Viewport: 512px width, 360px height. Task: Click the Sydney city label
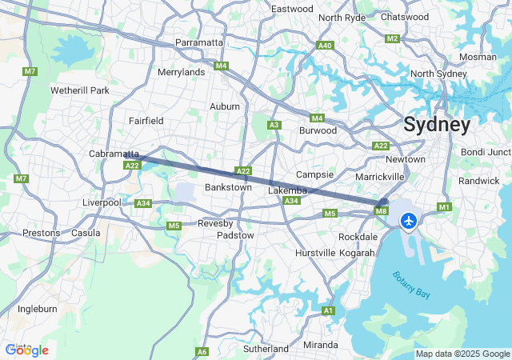[437, 125]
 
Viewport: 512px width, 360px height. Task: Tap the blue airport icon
[410, 220]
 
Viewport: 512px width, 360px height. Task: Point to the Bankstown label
[228, 187]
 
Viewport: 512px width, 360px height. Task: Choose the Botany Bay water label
[411, 286]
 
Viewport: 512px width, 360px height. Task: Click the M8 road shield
[381, 210]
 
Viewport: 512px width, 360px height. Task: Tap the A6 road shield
[202, 351]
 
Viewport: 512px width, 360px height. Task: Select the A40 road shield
[325, 46]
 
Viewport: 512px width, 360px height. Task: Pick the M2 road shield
[391, 38]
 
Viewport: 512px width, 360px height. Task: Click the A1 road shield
[328, 310]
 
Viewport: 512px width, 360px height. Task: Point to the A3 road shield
[274, 125]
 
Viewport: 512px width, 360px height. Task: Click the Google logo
[26, 350]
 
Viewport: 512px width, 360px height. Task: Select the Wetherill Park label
[79, 90]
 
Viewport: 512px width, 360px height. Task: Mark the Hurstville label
[316, 253]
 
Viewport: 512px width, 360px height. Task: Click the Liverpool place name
[102, 202]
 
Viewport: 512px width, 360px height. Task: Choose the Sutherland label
[265, 349]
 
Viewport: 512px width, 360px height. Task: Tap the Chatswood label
[405, 17]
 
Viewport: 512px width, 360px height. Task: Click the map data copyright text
[462, 354]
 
